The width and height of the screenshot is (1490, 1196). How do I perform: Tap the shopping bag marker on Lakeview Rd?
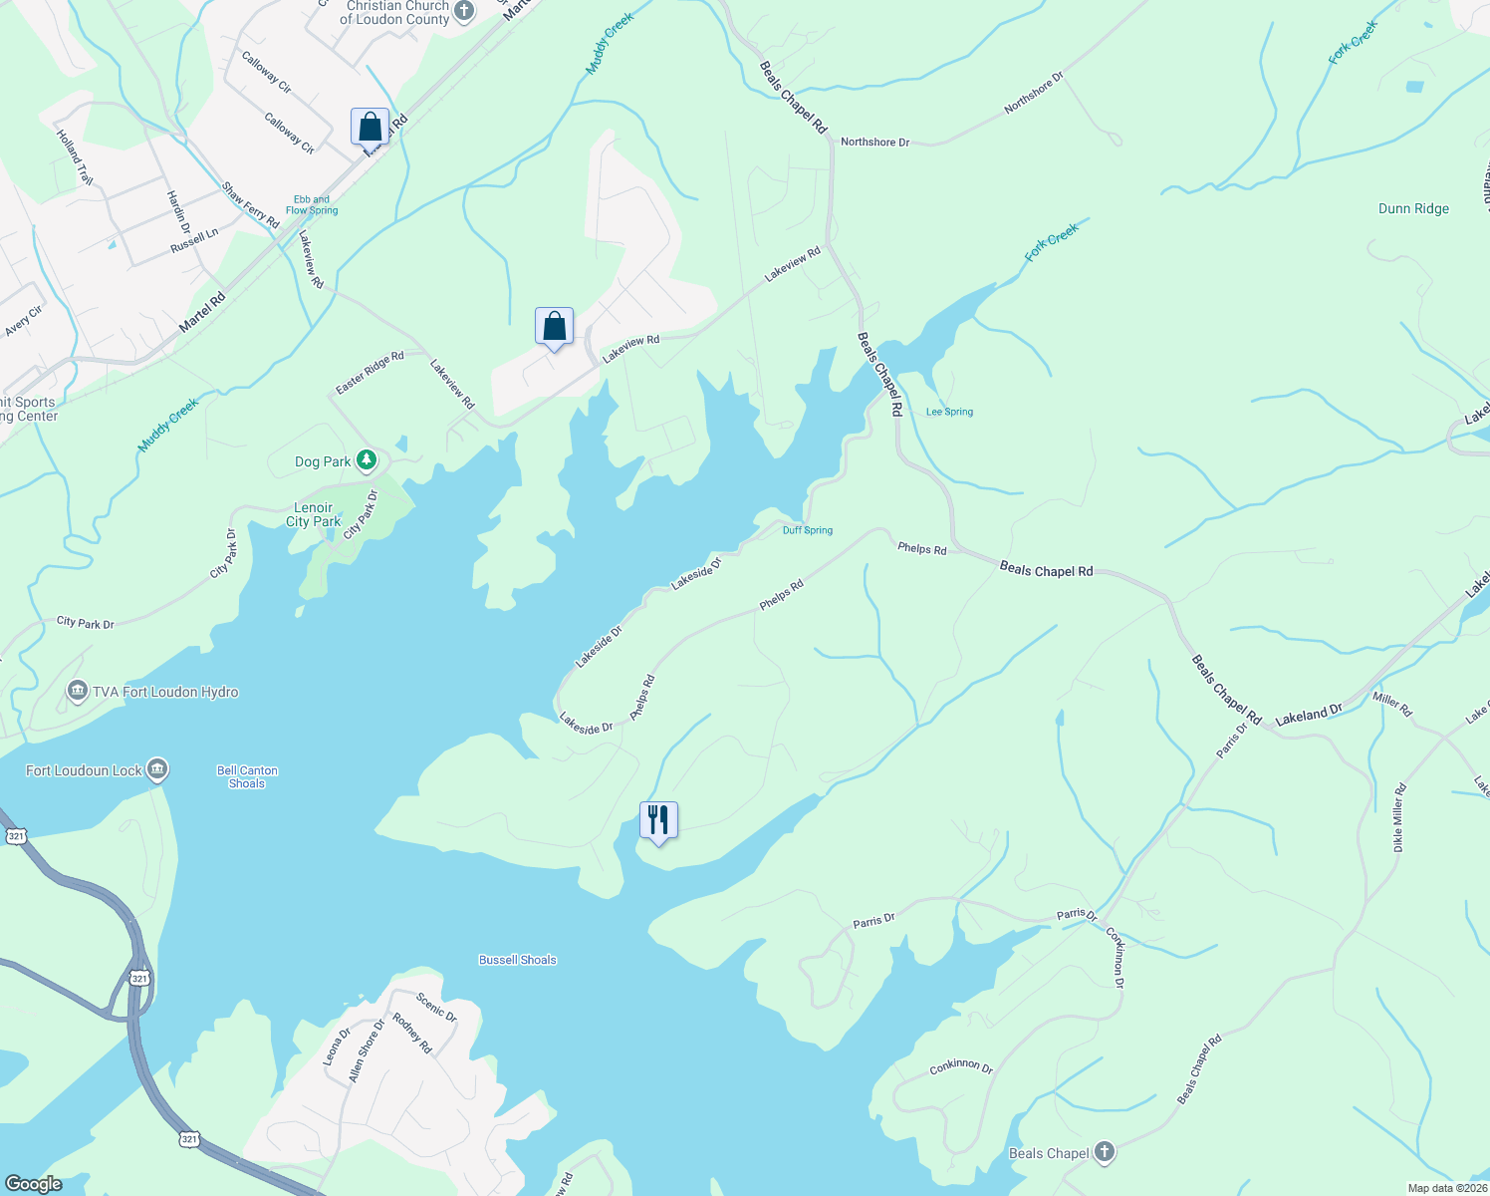click(x=554, y=327)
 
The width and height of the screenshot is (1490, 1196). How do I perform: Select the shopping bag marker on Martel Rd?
click(x=370, y=128)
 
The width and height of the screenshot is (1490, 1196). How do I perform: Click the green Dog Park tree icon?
click(x=368, y=460)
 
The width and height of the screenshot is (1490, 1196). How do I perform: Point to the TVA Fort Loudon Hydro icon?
click(x=78, y=692)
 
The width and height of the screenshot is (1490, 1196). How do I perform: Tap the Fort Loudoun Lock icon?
click(x=157, y=769)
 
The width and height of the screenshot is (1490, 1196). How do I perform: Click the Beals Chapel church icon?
click(x=1104, y=1152)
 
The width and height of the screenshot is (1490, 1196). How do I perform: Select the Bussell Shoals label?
click(x=517, y=960)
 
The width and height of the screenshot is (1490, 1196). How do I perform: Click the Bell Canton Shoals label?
click(x=247, y=776)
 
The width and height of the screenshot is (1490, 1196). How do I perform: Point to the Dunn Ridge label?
click(x=1413, y=208)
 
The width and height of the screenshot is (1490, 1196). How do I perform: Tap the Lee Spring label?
click(x=949, y=412)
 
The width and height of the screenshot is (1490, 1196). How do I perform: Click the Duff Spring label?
click(x=807, y=530)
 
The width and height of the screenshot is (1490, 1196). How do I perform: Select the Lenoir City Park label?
click(x=313, y=514)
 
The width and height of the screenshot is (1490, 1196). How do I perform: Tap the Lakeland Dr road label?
click(x=1308, y=715)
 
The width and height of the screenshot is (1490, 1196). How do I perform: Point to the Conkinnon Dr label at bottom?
click(x=961, y=1066)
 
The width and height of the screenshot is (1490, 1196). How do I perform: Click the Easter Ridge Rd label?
click(x=370, y=372)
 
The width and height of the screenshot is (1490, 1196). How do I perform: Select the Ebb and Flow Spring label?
click(x=312, y=205)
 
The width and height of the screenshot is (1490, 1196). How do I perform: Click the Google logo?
click(x=33, y=1183)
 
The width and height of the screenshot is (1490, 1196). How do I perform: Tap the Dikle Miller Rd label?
click(x=1398, y=817)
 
